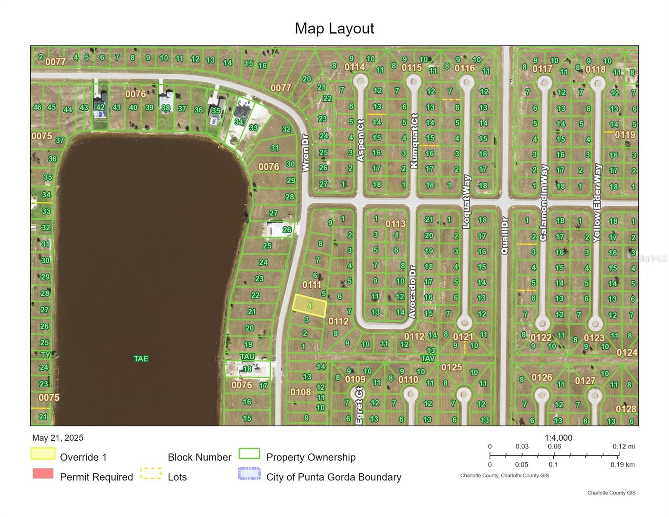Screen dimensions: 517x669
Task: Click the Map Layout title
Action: coord(334,28)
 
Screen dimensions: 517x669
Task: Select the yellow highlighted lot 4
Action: coord(309,306)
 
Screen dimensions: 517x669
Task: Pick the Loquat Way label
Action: coord(467,201)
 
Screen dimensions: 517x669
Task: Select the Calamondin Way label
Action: coord(543,202)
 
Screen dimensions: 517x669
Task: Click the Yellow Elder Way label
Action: coord(597,203)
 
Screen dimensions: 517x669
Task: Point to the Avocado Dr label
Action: coord(412,292)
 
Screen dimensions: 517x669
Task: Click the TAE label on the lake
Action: coord(141,358)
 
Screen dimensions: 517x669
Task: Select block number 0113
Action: coord(395,224)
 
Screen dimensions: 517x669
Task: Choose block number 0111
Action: coord(311,284)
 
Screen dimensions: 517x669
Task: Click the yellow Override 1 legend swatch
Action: coord(43,454)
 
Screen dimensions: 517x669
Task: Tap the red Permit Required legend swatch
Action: coord(43,473)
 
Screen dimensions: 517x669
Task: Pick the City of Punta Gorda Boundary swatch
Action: coord(249,473)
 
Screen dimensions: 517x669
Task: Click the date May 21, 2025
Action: coord(58,438)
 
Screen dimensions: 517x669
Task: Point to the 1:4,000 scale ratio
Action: coord(558,438)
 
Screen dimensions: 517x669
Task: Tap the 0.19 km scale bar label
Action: coord(622,464)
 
